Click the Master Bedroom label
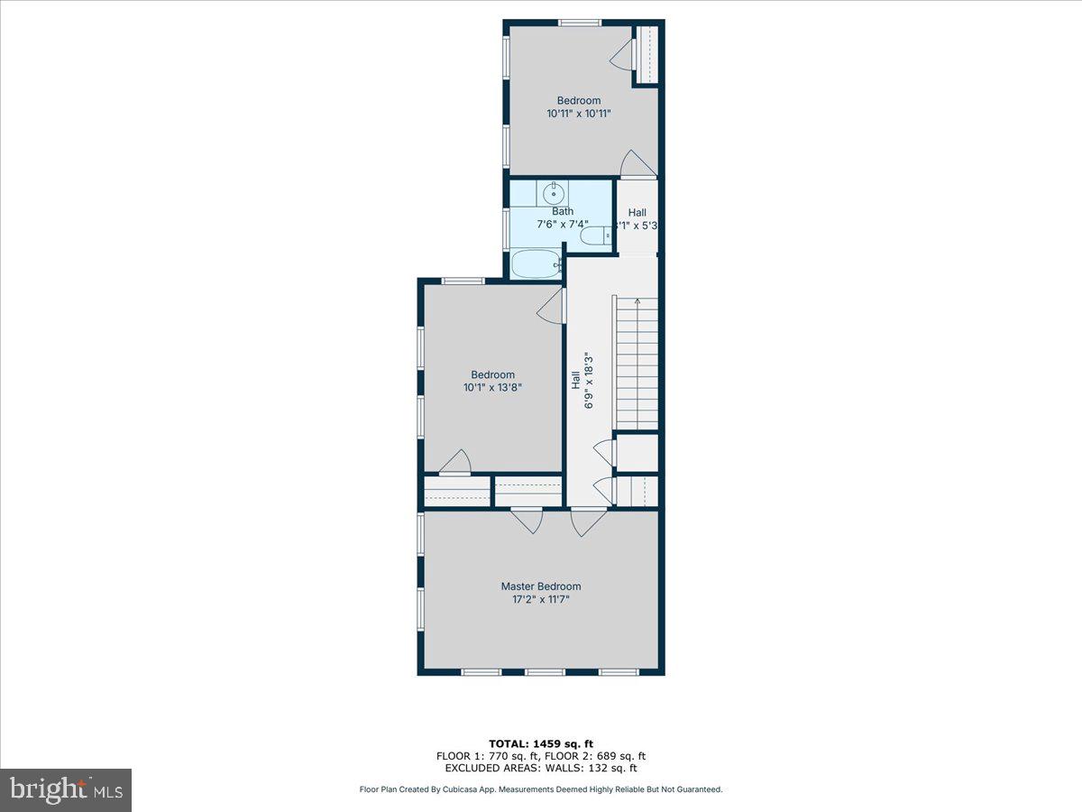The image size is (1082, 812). (541, 586)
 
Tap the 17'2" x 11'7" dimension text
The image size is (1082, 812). (541, 598)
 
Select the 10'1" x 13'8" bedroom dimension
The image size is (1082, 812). (492, 387)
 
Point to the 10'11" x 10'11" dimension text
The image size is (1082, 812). (578, 114)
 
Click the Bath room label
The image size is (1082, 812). (563, 211)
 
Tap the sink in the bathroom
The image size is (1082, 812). (554, 193)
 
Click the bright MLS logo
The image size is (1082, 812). (66, 790)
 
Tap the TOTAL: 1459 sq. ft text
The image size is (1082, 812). (541, 743)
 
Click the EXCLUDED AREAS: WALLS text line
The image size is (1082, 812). (541, 769)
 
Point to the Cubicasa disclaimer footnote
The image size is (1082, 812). (541, 789)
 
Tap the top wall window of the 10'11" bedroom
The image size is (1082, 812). (579, 23)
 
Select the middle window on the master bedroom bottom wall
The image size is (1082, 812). (544, 672)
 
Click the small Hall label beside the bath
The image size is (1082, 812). (637, 213)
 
